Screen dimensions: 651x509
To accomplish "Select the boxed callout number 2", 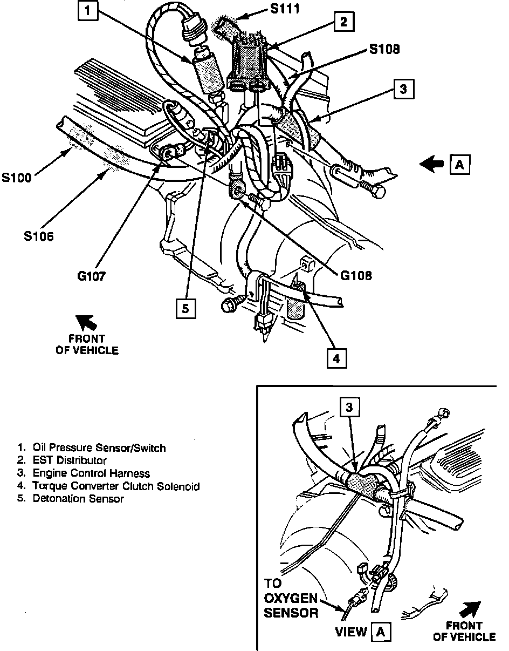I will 343,22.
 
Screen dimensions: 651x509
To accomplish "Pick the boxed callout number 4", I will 335,358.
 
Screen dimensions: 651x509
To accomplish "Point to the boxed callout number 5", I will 185,309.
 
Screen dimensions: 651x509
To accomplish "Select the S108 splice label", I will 384,50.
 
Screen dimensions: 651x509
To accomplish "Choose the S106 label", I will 38,236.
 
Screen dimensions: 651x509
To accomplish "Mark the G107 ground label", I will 91,276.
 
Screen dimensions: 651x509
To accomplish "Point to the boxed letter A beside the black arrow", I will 459,165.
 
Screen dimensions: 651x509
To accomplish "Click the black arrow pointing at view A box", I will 434,165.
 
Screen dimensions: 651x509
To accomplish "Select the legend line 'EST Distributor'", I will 70,460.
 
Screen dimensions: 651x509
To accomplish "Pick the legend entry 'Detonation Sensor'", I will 78,499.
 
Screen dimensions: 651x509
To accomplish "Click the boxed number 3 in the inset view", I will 349,408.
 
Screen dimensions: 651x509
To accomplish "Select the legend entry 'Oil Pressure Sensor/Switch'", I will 99,447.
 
